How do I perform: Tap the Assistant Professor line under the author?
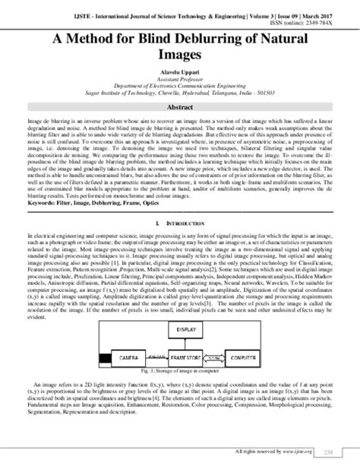click(180, 78)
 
